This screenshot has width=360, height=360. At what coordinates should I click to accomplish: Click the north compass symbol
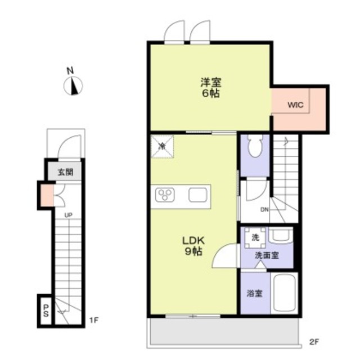[73, 86]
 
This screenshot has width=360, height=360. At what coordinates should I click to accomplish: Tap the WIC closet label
[295, 105]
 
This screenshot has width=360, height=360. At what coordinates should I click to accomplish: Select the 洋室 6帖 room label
[211, 88]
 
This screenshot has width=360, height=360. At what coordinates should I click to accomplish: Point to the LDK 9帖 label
[193, 246]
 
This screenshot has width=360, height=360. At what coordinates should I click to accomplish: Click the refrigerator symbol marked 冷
[162, 146]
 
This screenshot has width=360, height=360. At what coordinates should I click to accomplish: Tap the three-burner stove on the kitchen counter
[165, 195]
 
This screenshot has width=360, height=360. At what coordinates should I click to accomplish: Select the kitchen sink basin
[198, 195]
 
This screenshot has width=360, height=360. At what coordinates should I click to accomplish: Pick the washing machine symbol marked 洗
[255, 237]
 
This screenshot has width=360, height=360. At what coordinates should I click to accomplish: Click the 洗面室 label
[267, 255]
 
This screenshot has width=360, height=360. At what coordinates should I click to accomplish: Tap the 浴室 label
[255, 293]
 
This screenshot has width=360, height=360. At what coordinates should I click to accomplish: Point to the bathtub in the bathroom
[284, 292]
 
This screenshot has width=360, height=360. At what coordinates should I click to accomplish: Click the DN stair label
[264, 209]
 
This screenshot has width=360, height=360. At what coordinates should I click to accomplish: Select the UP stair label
[68, 215]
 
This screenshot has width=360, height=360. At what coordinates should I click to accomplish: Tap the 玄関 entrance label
[65, 172]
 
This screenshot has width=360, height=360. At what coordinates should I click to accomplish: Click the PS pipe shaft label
[46, 310]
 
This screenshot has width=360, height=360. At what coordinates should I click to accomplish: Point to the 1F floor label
[94, 320]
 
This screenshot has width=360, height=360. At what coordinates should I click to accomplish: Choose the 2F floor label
[314, 342]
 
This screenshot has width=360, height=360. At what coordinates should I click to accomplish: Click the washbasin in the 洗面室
[281, 235]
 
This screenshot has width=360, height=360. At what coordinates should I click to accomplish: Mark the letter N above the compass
[70, 70]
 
